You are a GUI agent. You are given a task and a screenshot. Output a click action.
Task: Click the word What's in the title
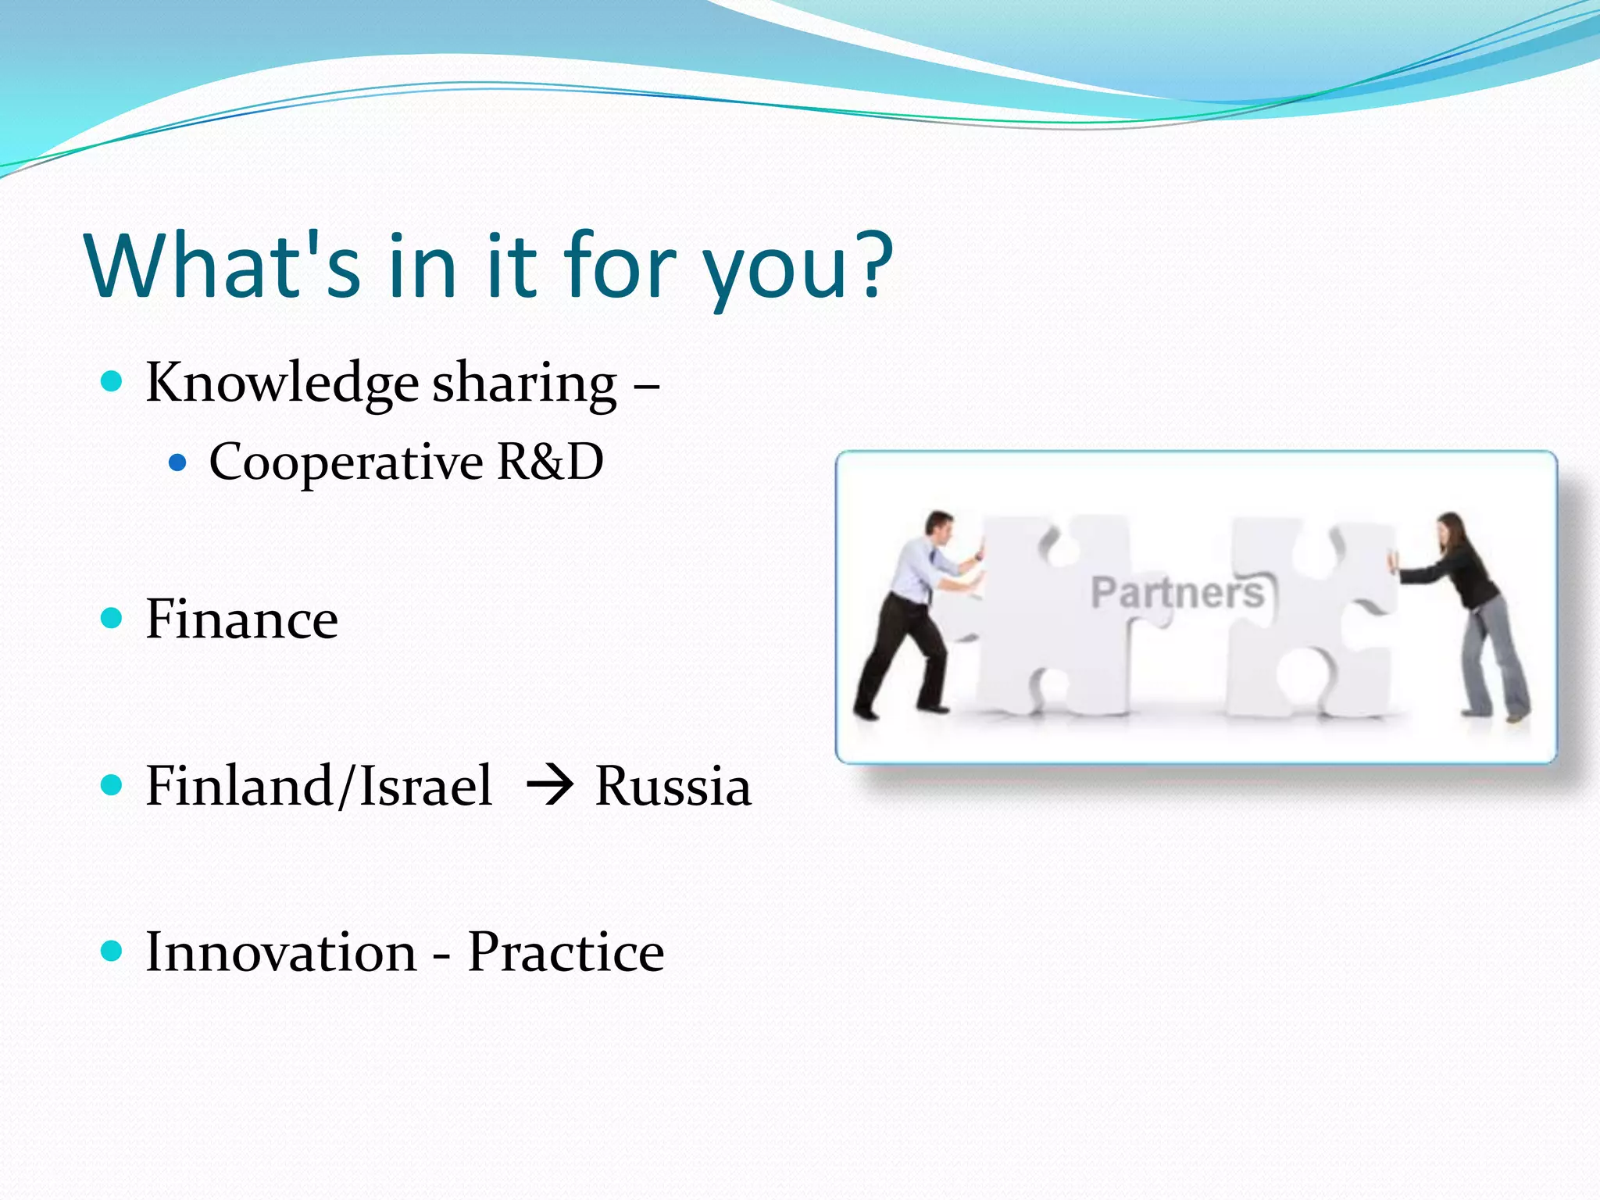[223, 265]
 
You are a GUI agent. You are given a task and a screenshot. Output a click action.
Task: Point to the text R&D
[551, 461]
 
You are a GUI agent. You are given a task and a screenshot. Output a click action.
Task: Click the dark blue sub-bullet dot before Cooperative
[178, 463]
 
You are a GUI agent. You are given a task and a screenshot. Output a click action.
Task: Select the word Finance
[242, 620]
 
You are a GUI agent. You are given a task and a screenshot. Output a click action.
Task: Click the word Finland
[238, 785]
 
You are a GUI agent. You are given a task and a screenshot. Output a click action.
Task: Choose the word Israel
[426, 785]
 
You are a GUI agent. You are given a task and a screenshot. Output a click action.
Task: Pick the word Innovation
[281, 952]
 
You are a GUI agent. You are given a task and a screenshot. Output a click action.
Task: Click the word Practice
[566, 952]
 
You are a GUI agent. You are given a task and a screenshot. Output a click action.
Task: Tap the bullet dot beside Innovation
[112, 951]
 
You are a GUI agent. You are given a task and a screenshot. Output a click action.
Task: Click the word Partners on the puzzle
[1177, 592]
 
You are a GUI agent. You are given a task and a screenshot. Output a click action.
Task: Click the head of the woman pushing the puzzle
[1450, 532]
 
